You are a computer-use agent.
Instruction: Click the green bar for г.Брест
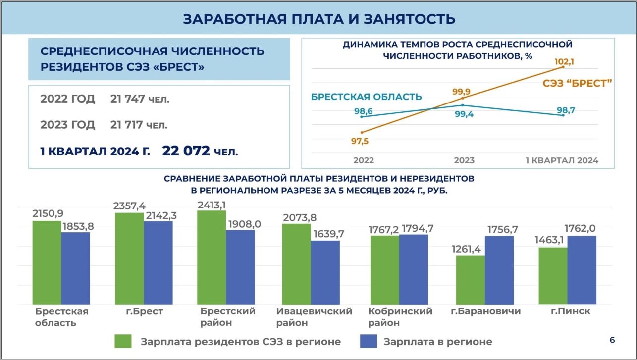[129, 258]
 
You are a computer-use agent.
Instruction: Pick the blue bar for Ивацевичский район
[325, 272]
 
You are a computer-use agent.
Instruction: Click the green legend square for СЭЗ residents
[123, 341]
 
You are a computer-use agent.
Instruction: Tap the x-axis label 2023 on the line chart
[464, 160]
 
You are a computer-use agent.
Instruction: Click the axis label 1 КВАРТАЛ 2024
[562, 160]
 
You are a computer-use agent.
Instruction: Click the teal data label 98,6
[364, 111]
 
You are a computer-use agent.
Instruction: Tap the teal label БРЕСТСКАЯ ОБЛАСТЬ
[366, 97]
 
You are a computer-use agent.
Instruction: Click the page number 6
[612, 340]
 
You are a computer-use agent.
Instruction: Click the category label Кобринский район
[400, 317]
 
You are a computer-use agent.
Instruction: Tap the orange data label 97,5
[360, 141]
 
